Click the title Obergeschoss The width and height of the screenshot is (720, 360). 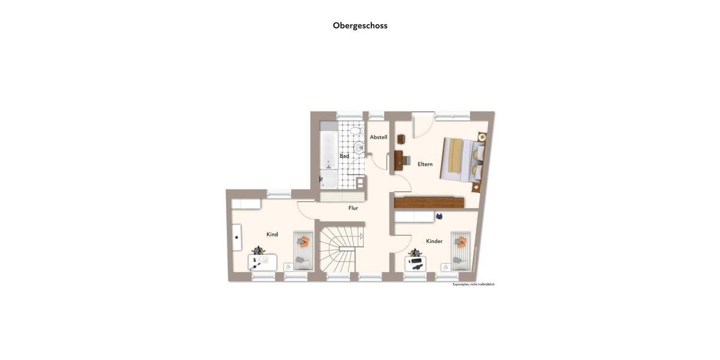pyautogui.click(x=360, y=25)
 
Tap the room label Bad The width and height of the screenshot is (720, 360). pyautogui.click(x=344, y=156)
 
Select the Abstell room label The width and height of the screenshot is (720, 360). pyautogui.click(x=379, y=137)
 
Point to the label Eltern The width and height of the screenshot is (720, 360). pyautogui.click(x=425, y=164)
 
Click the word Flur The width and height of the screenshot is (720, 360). pyautogui.click(x=353, y=208)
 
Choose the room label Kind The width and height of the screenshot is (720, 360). pyautogui.click(x=272, y=235)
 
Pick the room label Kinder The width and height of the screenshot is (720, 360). pyautogui.click(x=434, y=241)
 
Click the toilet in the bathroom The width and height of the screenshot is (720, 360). pyautogui.click(x=356, y=130)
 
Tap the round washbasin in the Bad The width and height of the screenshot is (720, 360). pyautogui.click(x=359, y=148)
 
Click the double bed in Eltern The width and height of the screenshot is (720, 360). pyautogui.click(x=463, y=159)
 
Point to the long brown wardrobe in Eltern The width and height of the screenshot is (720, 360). pyautogui.click(x=429, y=203)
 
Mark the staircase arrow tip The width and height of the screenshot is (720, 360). pyautogui.click(x=362, y=236)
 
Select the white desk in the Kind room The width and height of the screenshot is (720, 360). pyautogui.click(x=263, y=262)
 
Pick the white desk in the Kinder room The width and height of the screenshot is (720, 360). pyautogui.click(x=415, y=263)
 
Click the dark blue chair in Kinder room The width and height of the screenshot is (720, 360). pyautogui.click(x=439, y=216)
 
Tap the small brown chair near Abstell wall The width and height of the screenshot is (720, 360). pyautogui.click(x=401, y=139)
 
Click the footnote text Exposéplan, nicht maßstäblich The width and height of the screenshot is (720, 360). pyautogui.click(x=473, y=284)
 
